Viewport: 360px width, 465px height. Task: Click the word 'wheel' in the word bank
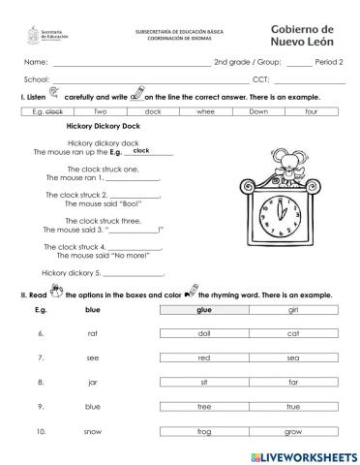(x=205, y=111)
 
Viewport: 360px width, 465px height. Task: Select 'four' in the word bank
(x=311, y=111)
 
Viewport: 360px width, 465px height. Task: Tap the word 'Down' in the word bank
(x=258, y=111)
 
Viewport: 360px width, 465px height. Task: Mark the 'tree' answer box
(x=204, y=406)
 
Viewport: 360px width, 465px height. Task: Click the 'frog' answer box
(x=204, y=430)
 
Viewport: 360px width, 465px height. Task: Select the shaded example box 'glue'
(x=204, y=309)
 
